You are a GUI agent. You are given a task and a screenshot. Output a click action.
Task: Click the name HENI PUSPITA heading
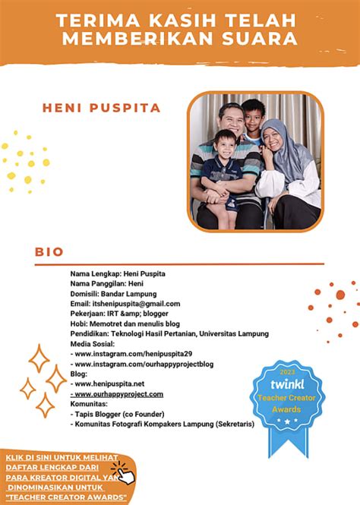pyautogui.click(x=101, y=107)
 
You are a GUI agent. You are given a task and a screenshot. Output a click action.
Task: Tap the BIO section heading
pyautogui.click(x=49, y=251)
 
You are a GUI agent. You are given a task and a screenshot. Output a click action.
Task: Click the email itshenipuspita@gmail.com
pyautogui.click(x=125, y=304)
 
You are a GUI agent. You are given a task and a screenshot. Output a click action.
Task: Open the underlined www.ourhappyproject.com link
pyautogui.click(x=117, y=394)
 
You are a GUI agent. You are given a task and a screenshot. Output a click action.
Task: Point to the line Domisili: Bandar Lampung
pyautogui.click(x=113, y=294)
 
